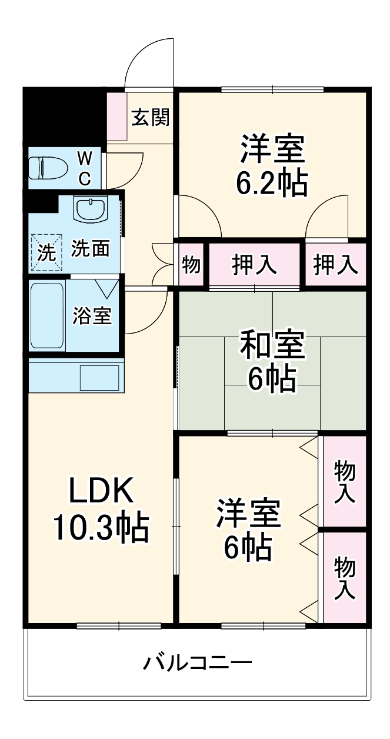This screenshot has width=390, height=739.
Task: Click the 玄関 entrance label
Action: click(151, 118)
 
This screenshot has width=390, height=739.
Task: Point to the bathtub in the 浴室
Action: click(48, 315)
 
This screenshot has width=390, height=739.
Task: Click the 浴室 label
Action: click(92, 316)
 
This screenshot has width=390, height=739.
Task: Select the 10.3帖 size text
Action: click(100, 527)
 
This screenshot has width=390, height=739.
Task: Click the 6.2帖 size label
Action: click(272, 184)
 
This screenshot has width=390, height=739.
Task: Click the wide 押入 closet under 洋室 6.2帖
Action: click(254, 265)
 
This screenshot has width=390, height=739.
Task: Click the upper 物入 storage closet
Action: click(344, 481)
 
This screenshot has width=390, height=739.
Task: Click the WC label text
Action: click(85, 168)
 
